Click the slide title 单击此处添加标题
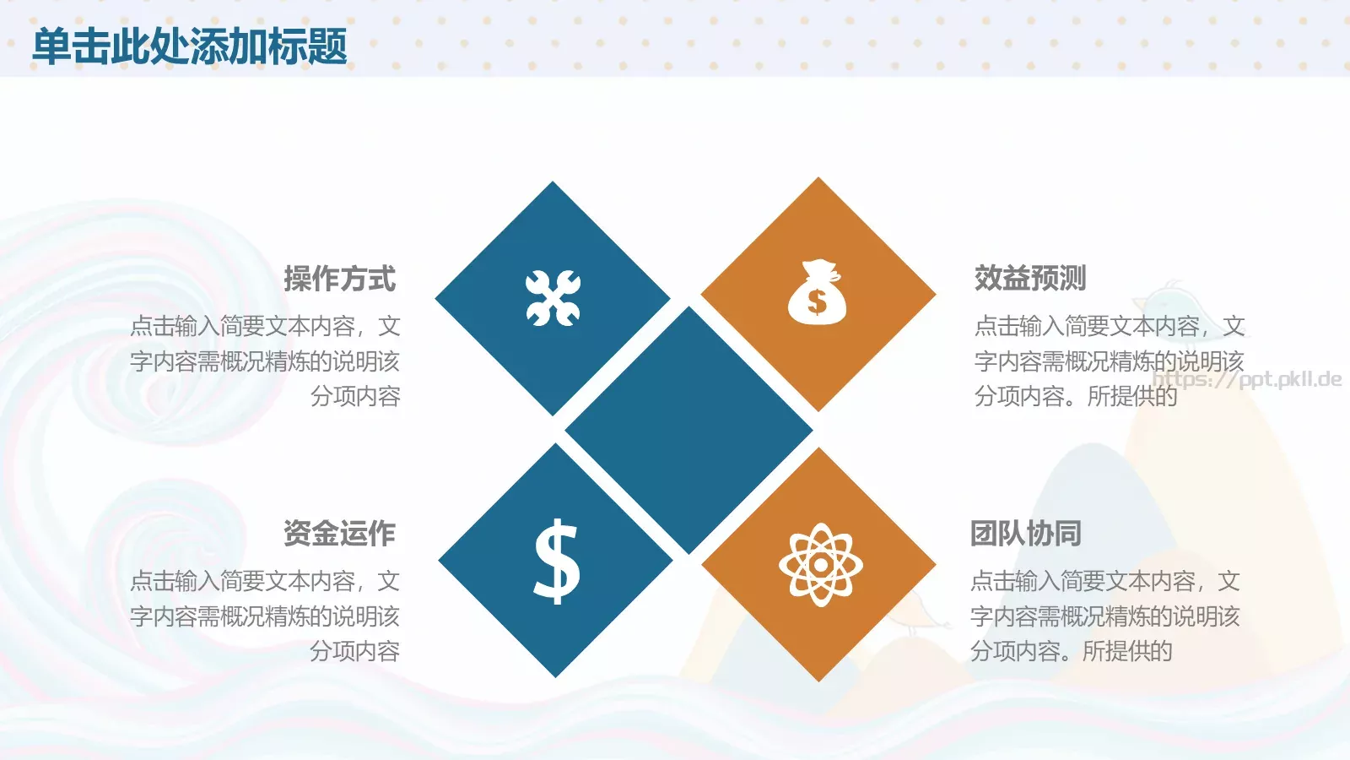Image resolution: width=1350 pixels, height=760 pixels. [x=190, y=46]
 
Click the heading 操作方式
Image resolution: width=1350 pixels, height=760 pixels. [x=339, y=279]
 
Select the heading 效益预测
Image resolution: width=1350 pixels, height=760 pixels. [x=1030, y=278]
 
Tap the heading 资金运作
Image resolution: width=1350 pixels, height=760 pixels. [x=339, y=533]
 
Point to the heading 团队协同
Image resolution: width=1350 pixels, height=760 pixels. [x=1026, y=533]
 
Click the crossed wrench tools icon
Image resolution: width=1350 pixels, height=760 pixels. [x=553, y=298]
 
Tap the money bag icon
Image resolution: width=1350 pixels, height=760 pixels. [x=817, y=293]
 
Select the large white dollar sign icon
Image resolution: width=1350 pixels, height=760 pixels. [x=557, y=562]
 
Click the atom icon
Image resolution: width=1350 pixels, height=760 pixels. [x=820, y=565]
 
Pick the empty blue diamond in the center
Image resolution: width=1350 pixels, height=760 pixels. [x=688, y=430]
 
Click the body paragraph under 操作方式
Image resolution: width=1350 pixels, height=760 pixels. [x=265, y=361]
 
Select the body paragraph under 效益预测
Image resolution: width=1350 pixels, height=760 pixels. [x=1109, y=361]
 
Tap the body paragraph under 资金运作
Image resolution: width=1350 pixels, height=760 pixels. [x=265, y=616]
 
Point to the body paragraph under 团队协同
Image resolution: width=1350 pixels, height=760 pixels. [x=1104, y=616]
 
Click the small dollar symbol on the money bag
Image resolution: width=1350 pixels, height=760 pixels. [x=816, y=301]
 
